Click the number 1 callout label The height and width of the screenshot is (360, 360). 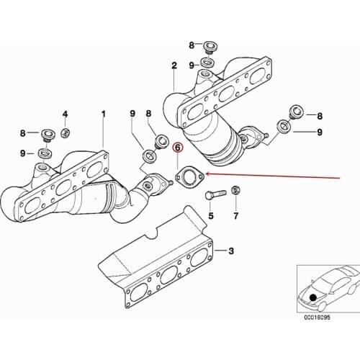pyautogui.click(x=103, y=114)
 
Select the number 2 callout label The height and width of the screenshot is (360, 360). pyautogui.click(x=174, y=66)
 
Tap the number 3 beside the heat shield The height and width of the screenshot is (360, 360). pyautogui.click(x=232, y=251)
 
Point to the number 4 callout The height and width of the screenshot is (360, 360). pyautogui.click(x=65, y=114)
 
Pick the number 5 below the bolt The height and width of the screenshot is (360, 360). pyautogui.click(x=211, y=215)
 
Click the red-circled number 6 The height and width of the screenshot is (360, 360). pyautogui.click(x=176, y=148)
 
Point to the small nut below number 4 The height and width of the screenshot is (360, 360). pyautogui.click(x=65, y=132)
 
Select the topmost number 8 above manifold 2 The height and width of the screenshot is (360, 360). pyautogui.click(x=192, y=45)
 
